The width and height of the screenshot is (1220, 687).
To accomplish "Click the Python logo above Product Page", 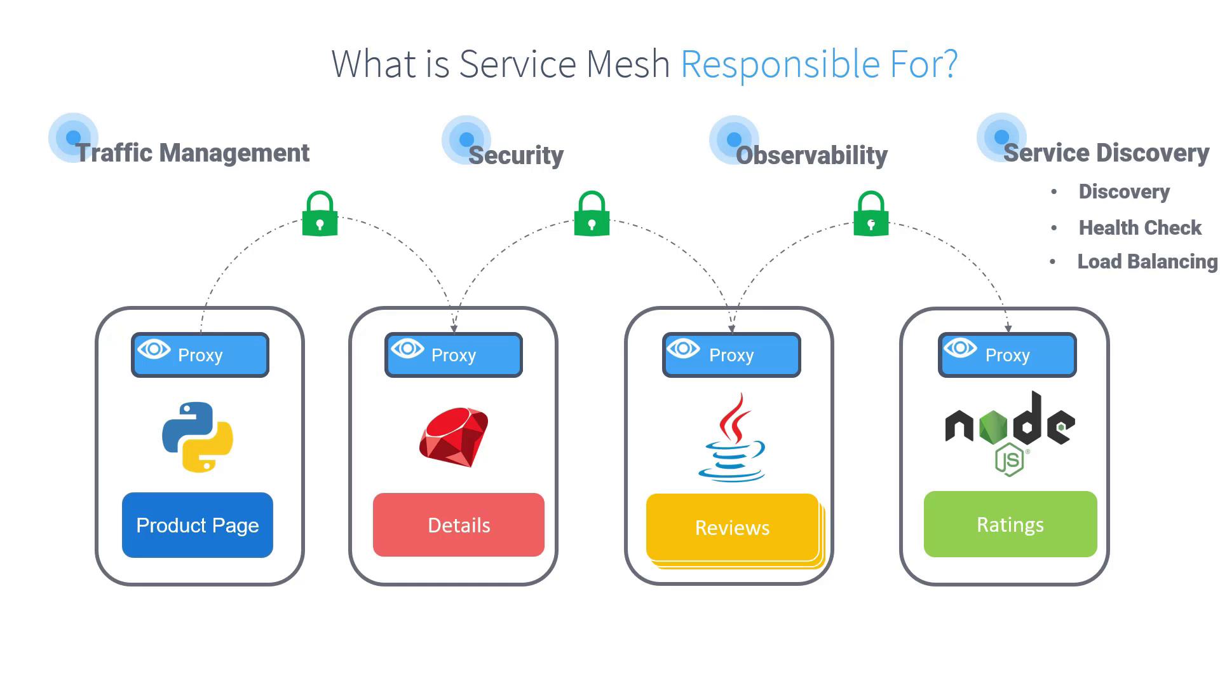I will point(198,437).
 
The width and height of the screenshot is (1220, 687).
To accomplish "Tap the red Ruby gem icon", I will point(454,437).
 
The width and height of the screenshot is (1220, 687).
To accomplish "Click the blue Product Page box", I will point(198,525).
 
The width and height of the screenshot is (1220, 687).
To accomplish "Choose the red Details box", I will point(459,525).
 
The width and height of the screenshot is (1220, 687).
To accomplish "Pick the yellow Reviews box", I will point(732,527).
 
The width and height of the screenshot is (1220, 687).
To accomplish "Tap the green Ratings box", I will point(1010,524).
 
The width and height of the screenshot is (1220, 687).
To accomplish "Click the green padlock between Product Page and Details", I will point(320,214).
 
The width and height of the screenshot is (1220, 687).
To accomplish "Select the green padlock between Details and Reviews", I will point(592,214).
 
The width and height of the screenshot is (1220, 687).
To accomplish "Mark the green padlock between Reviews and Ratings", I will point(871,214).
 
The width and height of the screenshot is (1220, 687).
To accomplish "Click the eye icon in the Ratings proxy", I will point(960,348).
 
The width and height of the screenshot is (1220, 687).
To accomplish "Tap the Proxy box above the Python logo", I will point(200,355).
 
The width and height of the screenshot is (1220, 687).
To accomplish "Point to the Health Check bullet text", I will point(1140,228).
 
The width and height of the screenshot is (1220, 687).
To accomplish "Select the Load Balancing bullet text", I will point(1147,261).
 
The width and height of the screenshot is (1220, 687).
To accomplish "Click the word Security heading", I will point(516,155).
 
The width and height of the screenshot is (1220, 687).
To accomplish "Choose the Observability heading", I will point(811,155).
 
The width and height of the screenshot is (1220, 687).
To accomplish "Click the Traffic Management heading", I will point(193,153).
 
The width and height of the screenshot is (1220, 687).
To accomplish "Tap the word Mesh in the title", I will point(628,64).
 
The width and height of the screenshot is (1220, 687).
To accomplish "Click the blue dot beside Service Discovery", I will point(1001,137).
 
